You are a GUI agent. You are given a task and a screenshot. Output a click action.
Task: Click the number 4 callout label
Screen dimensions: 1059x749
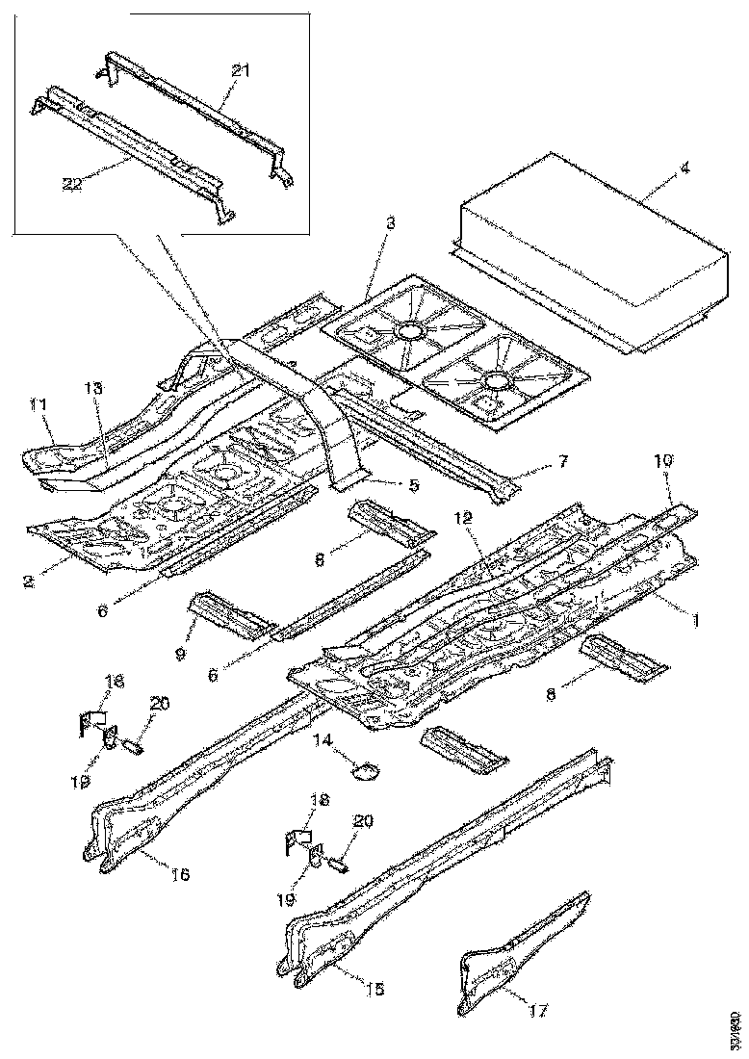pyautogui.click(x=684, y=168)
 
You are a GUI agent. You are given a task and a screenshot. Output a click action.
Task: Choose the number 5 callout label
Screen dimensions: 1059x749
pyautogui.click(x=413, y=486)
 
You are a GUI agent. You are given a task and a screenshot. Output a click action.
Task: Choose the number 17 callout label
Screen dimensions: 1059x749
pyautogui.click(x=539, y=1011)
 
